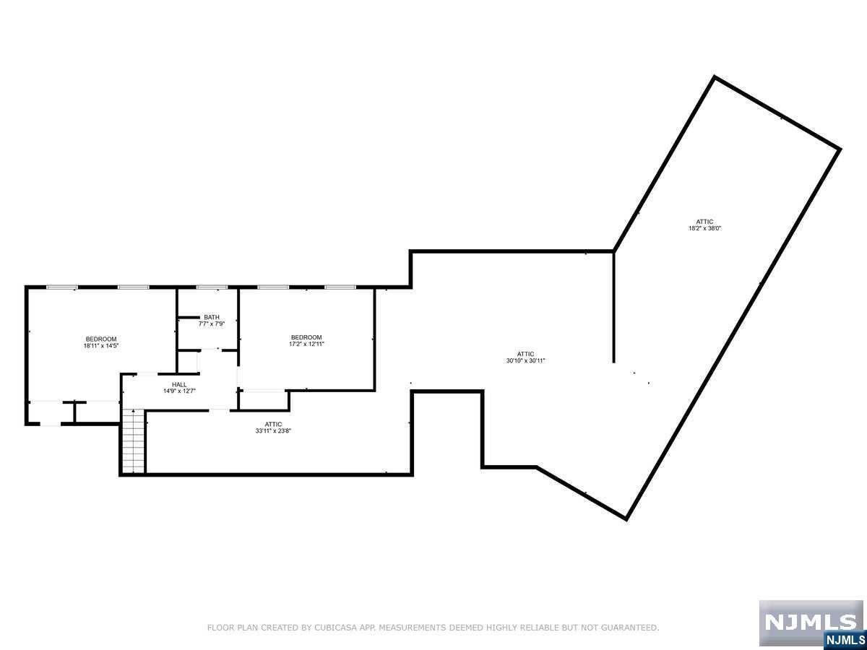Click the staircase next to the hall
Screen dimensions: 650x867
click(133, 440)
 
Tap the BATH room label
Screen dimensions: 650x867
click(212, 317)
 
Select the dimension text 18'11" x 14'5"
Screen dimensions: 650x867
click(101, 346)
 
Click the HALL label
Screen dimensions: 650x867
click(179, 384)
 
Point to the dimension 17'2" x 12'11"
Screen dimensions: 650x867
click(306, 344)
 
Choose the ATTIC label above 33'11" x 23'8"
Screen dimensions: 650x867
click(273, 424)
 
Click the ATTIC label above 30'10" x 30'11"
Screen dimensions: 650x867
click(525, 354)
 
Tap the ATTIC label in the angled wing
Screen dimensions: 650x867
click(705, 222)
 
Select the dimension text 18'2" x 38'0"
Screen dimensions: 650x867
click(705, 228)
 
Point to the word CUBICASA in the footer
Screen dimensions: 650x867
click(334, 628)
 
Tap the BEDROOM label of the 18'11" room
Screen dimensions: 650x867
click(101, 339)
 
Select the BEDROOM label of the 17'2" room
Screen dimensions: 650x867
click(306, 337)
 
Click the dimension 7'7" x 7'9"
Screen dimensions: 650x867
click(212, 324)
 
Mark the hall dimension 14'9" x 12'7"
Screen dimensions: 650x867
click(179, 391)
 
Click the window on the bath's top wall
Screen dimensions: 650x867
click(212, 287)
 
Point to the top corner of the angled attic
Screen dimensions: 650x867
click(715, 77)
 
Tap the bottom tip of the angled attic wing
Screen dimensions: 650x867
click(626, 518)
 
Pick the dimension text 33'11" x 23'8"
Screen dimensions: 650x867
click(273, 431)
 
